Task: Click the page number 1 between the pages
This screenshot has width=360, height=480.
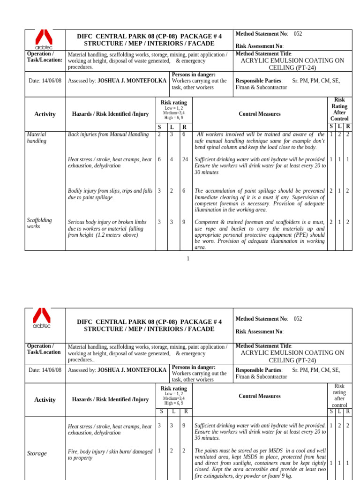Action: click(188, 259)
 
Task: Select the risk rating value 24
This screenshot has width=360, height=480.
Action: click(185, 159)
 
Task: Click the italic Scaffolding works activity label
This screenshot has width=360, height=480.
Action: click(39, 223)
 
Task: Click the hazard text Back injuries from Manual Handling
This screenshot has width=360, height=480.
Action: click(108, 135)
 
